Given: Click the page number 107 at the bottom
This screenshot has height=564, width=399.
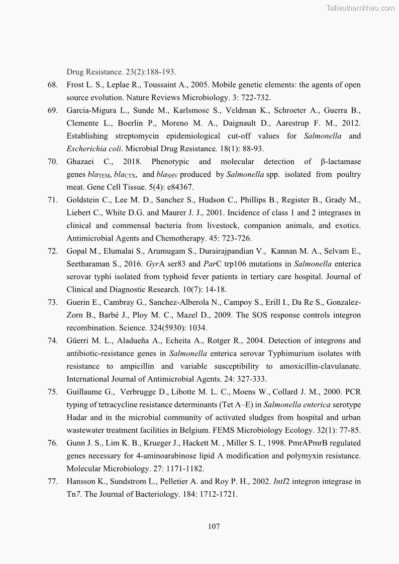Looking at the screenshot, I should (x=214, y=526).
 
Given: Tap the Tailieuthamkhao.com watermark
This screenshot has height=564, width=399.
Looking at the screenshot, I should (x=360, y=8).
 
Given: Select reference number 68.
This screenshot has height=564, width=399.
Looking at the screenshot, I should (x=53, y=84).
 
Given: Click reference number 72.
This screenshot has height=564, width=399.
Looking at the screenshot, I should (x=53, y=251).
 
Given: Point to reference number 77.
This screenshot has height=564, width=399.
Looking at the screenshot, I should (x=53, y=481).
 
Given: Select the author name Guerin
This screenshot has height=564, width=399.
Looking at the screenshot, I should (x=78, y=302).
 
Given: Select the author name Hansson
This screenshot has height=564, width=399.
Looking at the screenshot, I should (x=80, y=481).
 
